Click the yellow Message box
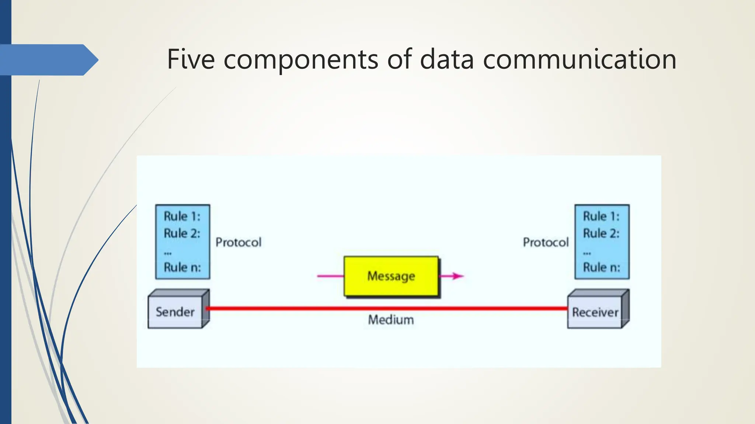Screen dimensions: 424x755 tap(391, 276)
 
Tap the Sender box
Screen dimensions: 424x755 tap(175, 312)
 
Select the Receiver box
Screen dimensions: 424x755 tap(595, 312)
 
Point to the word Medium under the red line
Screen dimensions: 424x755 tap(391, 320)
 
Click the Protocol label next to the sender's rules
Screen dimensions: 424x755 tap(239, 242)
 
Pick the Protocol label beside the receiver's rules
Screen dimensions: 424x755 tap(546, 242)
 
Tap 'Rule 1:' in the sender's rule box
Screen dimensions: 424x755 tap(182, 216)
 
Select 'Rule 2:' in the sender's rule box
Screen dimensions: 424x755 tap(182, 233)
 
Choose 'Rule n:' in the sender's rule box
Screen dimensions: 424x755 tap(182, 267)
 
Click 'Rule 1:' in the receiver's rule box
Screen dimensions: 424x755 tap(601, 216)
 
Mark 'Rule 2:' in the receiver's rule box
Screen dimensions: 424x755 tap(601, 233)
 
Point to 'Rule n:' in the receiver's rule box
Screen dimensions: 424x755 tap(601, 267)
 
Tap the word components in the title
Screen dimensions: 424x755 tap(301, 60)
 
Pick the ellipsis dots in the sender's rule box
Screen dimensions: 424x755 tap(168, 253)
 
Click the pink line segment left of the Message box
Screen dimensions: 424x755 tap(330, 276)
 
